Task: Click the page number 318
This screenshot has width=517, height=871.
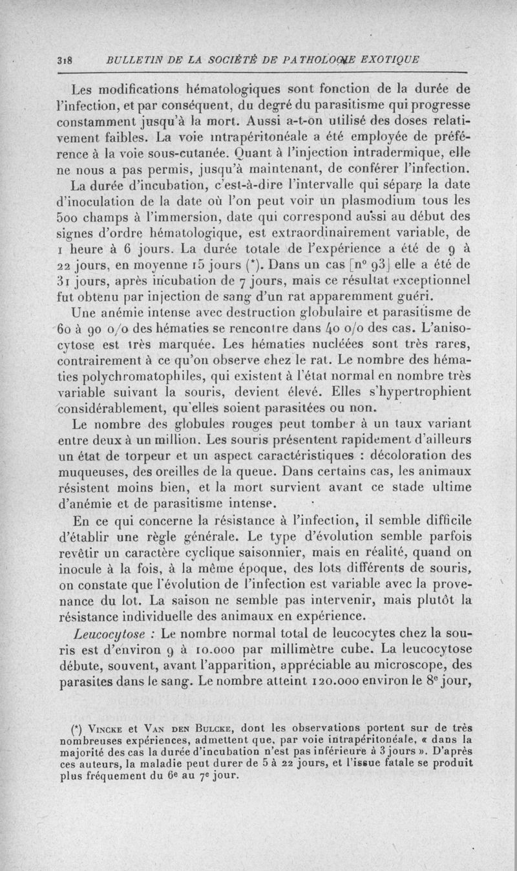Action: [x=63, y=59]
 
